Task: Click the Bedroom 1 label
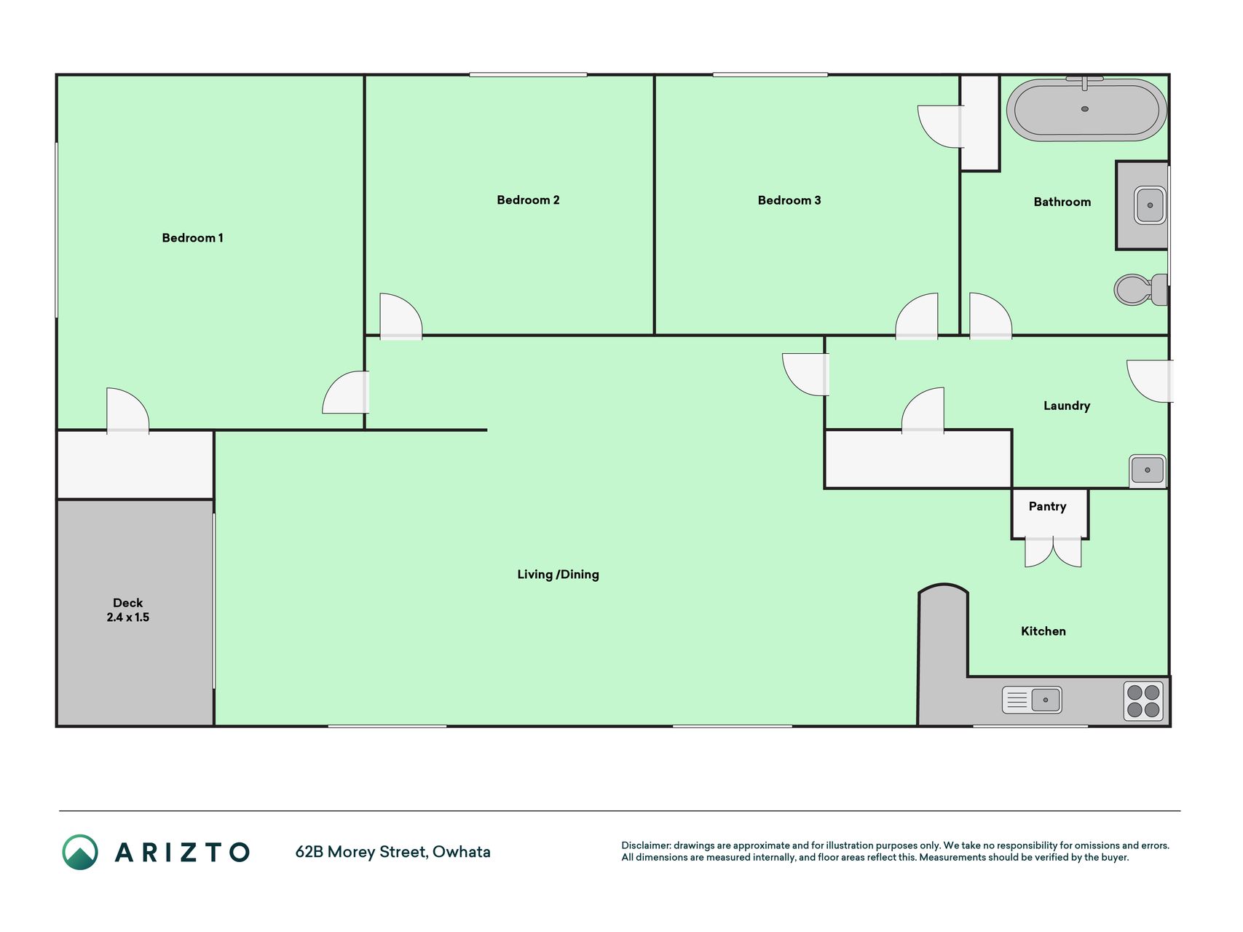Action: (192, 238)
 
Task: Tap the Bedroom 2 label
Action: (528, 200)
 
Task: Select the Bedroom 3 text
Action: (789, 200)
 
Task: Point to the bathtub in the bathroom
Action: (1086, 109)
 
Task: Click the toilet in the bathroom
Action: (1140, 289)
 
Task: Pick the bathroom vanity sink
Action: (1150, 205)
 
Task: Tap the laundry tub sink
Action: (1148, 470)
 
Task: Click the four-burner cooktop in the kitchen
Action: (1143, 701)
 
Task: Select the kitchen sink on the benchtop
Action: (1032, 700)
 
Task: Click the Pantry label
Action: (1047, 507)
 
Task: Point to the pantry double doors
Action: (1053, 552)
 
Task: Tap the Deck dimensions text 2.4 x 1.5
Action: (128, 617)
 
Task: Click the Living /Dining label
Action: (558, 574)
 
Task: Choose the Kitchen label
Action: (1043, 631)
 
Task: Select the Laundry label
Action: (1067, 406)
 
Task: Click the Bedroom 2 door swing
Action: (401, 316)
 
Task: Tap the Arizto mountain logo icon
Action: (80, 852)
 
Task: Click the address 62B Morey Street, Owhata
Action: (393, 852)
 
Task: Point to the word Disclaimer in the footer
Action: (646, 845)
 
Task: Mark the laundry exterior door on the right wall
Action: (1150, 381)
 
